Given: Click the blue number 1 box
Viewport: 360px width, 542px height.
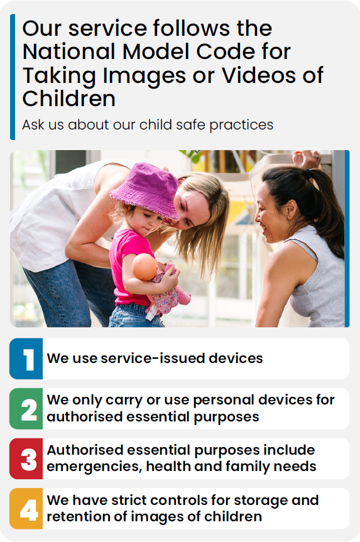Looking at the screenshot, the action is pyautogui.click(x=26, y=359).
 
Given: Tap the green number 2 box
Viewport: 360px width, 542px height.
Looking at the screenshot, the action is pyautogui.click(x=26, y=409).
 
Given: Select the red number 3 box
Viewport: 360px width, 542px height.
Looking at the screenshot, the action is pyautogui.click(x=26, y=458).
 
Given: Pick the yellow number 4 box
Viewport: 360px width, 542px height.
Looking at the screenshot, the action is pyautogui.click(x=26, y=509).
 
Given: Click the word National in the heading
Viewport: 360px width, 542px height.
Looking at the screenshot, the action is pyautogui.click(x=69, y=52).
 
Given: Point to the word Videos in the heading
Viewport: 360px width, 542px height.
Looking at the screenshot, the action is pyautogui.click(x=259, y=75).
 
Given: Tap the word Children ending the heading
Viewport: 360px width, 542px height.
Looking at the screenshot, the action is pyautogui.click(x=69, y=99).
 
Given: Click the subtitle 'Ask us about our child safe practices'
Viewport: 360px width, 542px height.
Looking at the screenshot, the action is pyautogui.click(x=148, y=125).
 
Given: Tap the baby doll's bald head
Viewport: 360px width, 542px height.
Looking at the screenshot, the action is pyautogui.click(x=145, y=267).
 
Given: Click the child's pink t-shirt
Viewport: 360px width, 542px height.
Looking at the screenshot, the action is pyautogui.click(x=128, y=266).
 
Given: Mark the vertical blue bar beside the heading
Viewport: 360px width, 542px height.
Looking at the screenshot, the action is pyautogui.click(x=13, y=77).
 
